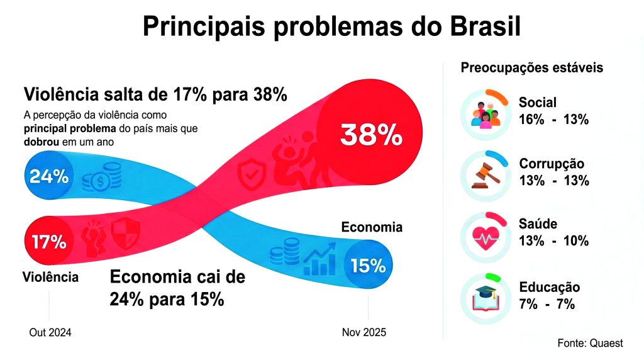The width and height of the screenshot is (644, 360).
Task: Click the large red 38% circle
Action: pos(370,134)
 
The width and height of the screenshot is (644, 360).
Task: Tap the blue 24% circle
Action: pos(48,176)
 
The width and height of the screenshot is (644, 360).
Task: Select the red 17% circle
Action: pos(48,241)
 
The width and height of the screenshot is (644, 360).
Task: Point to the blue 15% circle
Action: pos(368,266)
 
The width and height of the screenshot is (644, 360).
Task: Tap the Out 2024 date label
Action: pos(50,332)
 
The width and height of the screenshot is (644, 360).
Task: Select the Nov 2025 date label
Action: pos(364,332)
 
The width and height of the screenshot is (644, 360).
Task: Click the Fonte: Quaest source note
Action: pos(590,343)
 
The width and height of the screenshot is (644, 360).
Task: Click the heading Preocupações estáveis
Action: pos(532,67)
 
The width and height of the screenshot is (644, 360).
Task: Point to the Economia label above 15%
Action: pos(372,227)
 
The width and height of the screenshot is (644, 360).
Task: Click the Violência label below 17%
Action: pos(50,277)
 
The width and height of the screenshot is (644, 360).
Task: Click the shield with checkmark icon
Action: pos(252,174)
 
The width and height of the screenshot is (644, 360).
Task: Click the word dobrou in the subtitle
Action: pos(40,142)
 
